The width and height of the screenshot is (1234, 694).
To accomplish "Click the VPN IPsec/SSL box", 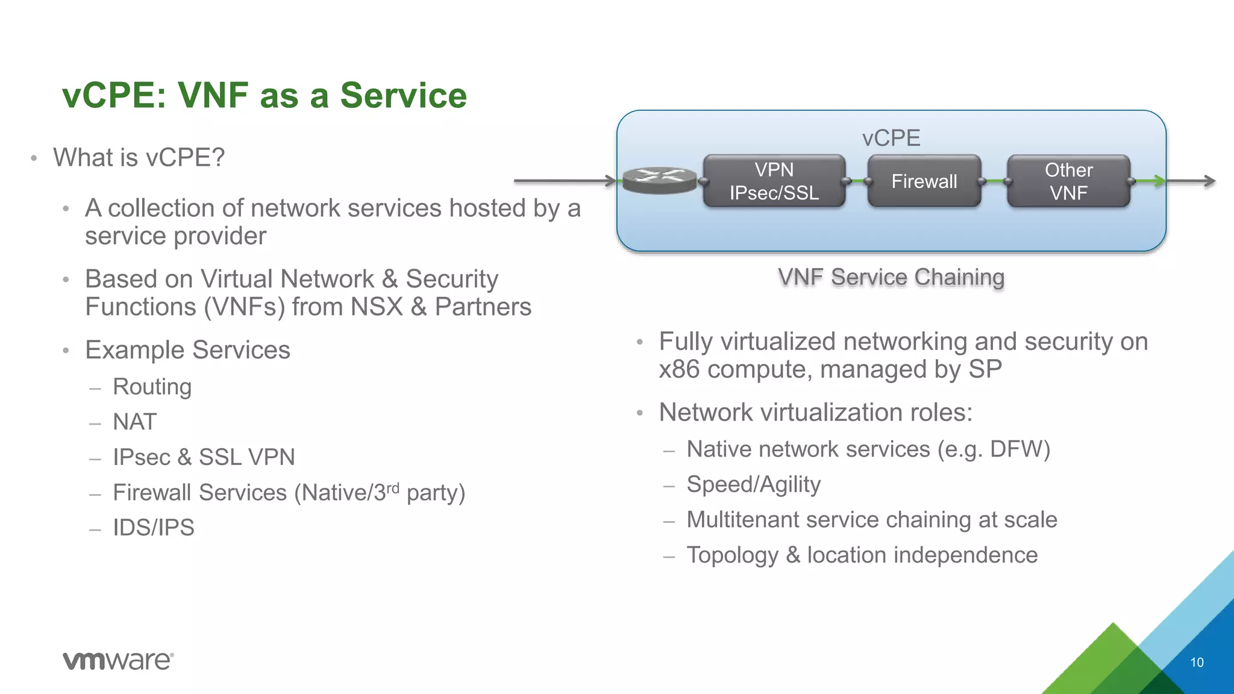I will [x=774, y=181].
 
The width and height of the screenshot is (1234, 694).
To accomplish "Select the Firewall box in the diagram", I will [x=924, y=181].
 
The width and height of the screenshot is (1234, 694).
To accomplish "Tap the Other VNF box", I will [x=1068, y=181].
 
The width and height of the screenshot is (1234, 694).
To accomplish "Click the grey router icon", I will [x=659, y=180].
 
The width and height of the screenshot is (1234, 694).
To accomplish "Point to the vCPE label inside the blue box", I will [x=891, y=138].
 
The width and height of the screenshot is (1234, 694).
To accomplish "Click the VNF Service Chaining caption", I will [x=891, y=277].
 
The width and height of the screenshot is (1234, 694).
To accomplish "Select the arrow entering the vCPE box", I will [x=563, y=180].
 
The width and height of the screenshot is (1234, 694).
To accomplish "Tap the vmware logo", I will [x=118, y=660].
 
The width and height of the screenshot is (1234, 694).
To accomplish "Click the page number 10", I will [x=1197, y=663].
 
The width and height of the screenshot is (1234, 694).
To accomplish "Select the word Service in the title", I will [x=403, y=95].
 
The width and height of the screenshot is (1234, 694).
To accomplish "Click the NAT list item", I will [x=135, y=422].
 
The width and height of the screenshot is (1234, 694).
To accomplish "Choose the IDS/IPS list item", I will [x=154, y=528].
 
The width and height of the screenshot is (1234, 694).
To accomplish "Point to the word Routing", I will [x=152, y=387].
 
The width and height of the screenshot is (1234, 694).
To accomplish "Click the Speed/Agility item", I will [x=753, y=484].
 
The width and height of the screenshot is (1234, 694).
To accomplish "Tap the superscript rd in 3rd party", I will [x=393, y=487].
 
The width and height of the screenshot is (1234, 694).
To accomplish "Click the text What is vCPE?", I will [x=139, y=158].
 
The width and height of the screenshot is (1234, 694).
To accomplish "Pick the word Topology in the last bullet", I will [x=732, y=555].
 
